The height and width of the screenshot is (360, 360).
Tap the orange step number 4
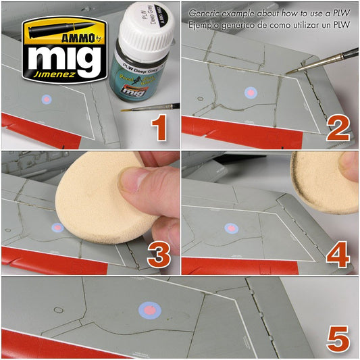(338, 254)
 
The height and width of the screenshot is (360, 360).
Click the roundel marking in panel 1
(47, 100)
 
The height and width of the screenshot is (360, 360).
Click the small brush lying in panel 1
(154, 106)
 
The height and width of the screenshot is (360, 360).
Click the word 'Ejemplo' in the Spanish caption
(205, 24)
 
